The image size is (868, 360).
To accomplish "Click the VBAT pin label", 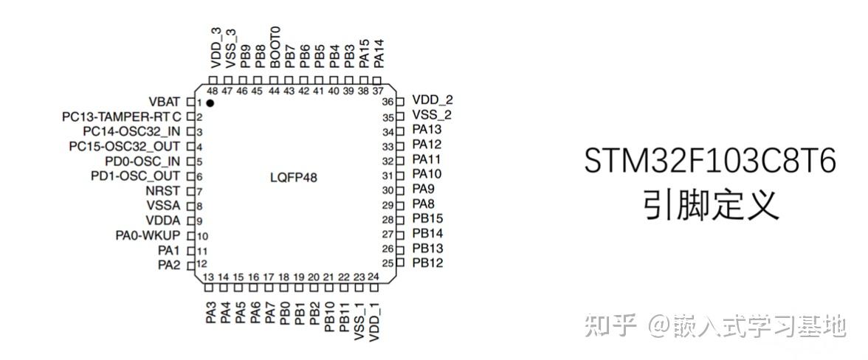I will pos(165,101).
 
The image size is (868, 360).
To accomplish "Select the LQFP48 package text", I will pos(294,178).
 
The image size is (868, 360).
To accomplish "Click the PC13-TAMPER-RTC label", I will pos(122,117).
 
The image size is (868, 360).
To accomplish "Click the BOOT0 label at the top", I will pos(275,47).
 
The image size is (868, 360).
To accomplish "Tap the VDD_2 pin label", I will pos(432,100).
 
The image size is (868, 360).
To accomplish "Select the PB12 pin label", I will pos(427,263).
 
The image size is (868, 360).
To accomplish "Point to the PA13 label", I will pos(427,130).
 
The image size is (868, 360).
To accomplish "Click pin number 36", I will pos(387,101).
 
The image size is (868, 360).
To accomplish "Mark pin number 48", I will pos(212,91).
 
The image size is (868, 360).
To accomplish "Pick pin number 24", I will pos(373,277).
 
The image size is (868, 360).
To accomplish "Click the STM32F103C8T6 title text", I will pos(710,162).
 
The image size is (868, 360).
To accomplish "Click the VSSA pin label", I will pos(164,206).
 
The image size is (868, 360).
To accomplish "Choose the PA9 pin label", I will pos(423,189).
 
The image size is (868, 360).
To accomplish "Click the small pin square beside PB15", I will pos(400,219).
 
